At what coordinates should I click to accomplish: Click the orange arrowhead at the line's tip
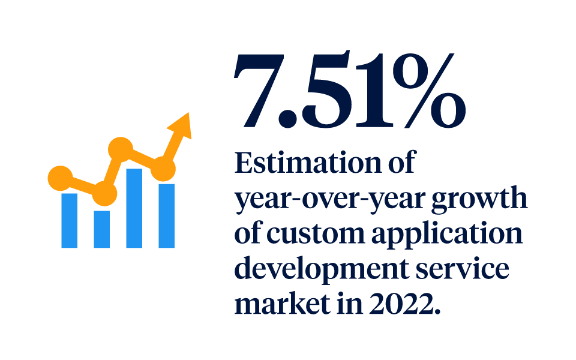(181, 125)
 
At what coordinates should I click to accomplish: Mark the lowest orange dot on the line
(104, 194)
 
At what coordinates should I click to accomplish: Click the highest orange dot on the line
(121, 149)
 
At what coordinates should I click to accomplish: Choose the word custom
(312, 235)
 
